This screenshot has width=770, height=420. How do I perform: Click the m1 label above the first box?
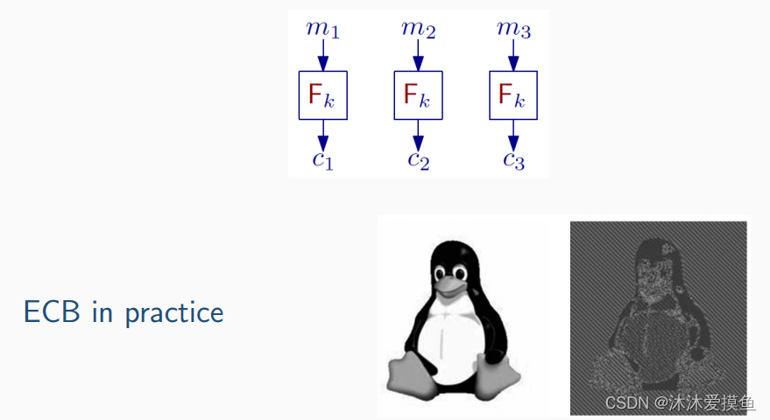coord(322,29)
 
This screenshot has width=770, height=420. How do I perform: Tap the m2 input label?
coord(418,29)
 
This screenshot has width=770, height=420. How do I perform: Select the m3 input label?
coord(513,29)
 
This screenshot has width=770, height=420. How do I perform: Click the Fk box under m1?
coord(323,94)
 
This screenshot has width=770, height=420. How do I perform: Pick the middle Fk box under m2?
coord(418,94)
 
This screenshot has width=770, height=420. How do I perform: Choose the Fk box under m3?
coord(513,94)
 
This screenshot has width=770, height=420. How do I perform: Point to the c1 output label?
coord(322,159)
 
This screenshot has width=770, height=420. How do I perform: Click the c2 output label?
coord(418,159)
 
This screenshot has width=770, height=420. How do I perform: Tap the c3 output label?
coord(513,159)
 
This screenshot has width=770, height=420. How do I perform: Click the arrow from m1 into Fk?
coord(322,56)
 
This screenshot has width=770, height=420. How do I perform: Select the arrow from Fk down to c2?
coord(418,134)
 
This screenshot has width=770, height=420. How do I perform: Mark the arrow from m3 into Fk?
coord(513,56)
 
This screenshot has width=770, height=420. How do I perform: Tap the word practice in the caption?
coord(174,314)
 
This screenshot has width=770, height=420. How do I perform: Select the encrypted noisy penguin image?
coord(658,317)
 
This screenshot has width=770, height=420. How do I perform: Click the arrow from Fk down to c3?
coord(513,134)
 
